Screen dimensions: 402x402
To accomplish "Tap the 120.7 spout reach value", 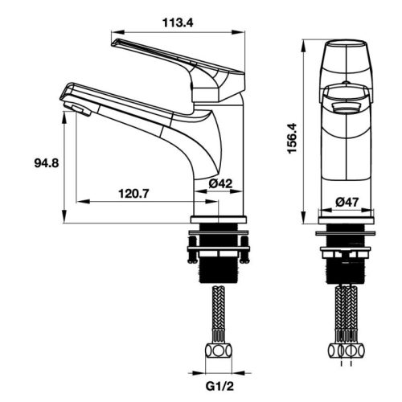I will [135, 193].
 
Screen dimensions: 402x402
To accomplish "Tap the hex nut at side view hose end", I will [217, 351].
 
